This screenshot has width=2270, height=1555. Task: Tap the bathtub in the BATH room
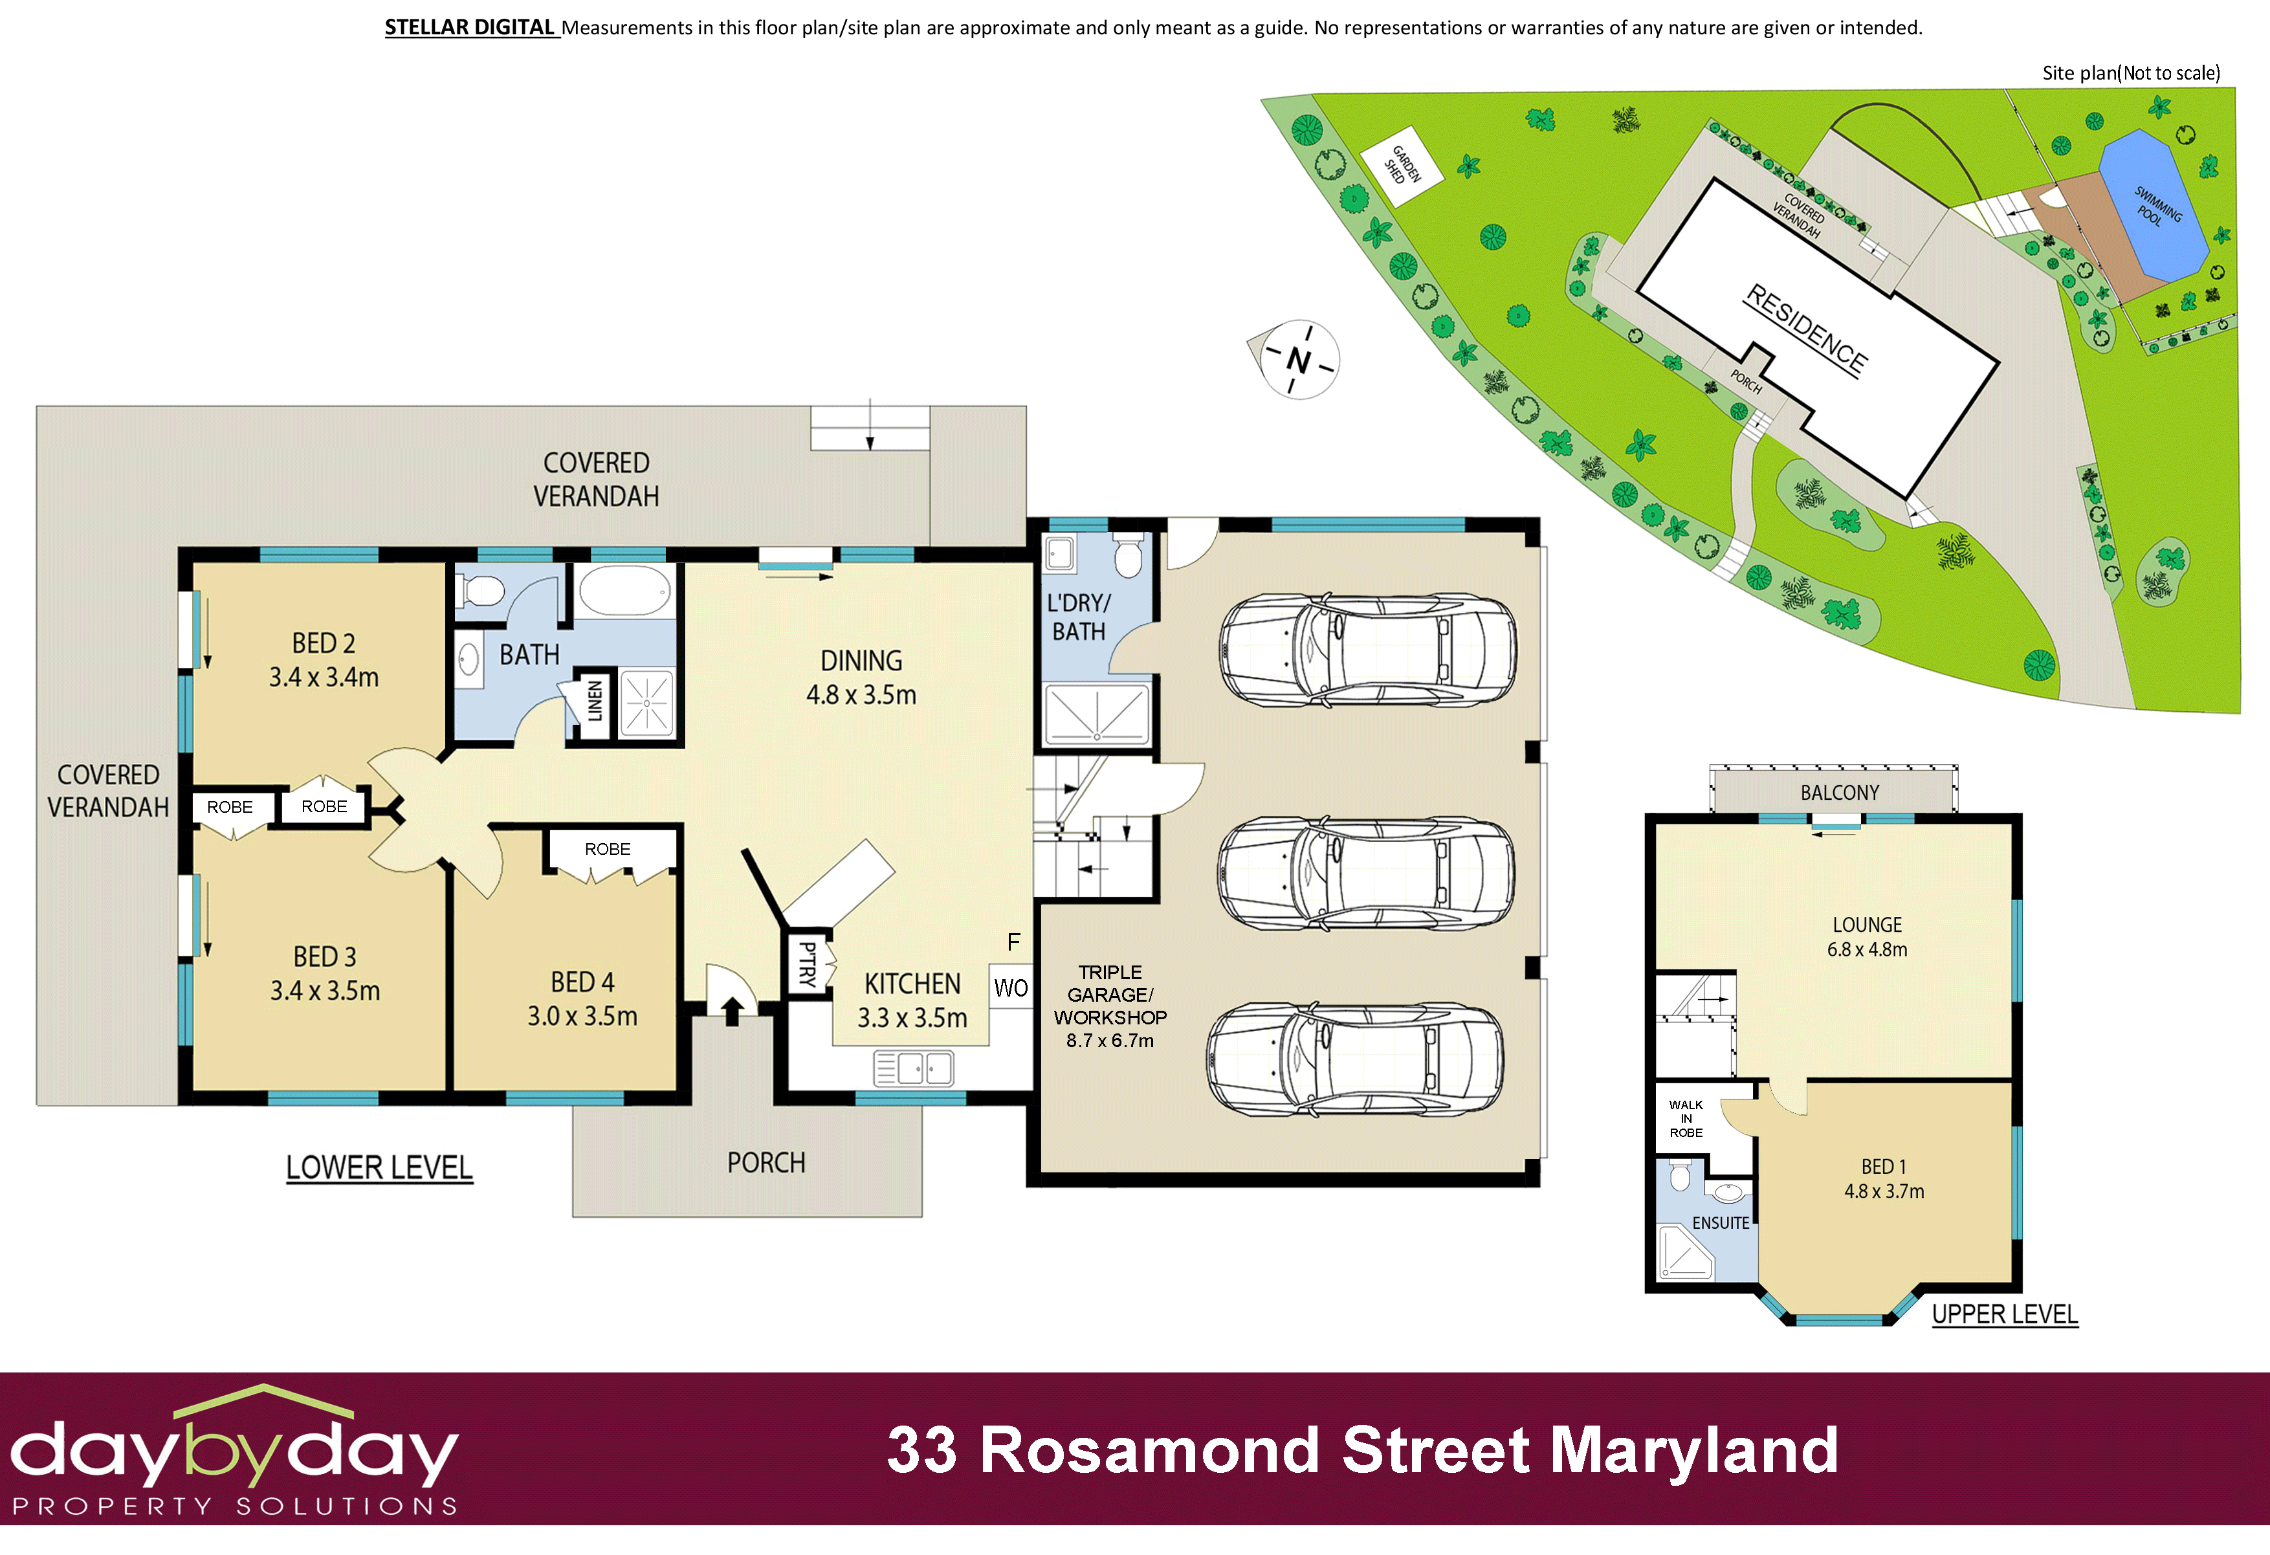pos(625,591)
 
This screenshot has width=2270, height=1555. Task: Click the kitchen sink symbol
pos(912,1068)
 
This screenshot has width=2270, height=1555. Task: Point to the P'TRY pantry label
pos(808,964)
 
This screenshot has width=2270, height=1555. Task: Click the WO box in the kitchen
pos(1011,987)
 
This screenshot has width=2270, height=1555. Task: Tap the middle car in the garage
pos(1365,872)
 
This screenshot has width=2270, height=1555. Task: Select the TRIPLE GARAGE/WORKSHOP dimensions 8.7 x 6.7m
pos(1110,1041)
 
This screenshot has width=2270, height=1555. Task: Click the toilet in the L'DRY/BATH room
pos(1128,556)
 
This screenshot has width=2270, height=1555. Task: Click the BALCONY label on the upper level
pos(1839,792)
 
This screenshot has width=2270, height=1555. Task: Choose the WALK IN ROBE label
pos(1686,1118)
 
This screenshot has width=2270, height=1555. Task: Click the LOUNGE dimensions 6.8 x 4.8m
pos(1867,949)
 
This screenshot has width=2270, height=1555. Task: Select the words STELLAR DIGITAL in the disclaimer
pos(470,27)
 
